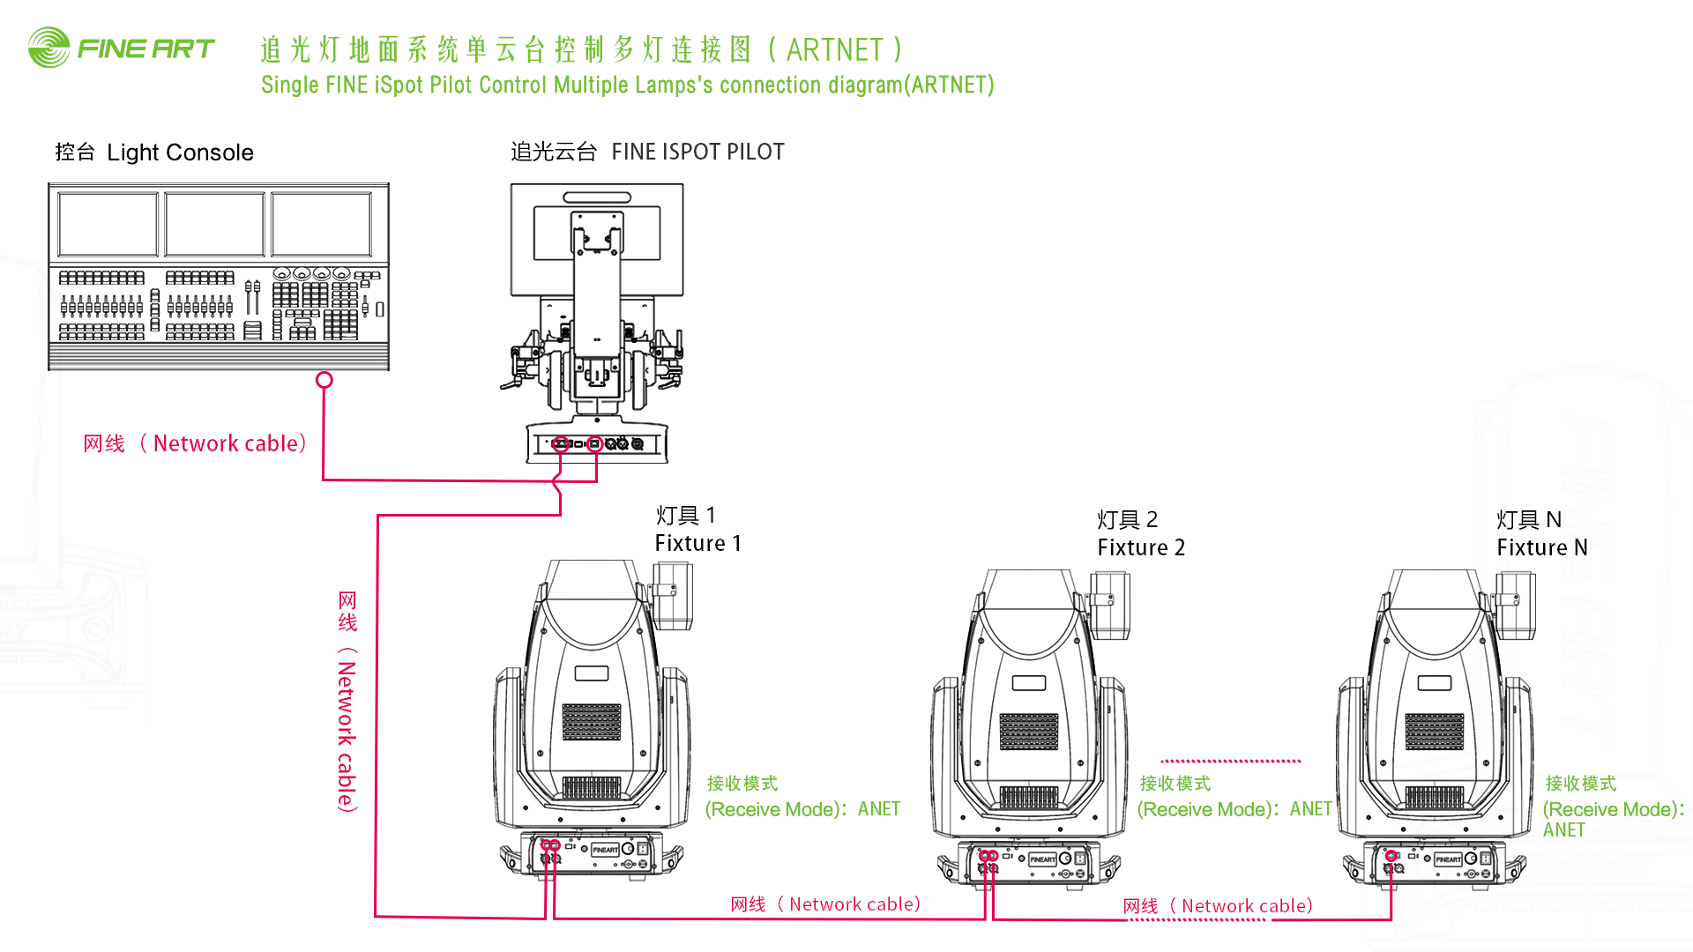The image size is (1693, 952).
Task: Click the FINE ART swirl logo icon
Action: pyautogui.click(x=49, y=48)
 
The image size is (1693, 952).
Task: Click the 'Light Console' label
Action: pyautogui.click(x=180, y=152)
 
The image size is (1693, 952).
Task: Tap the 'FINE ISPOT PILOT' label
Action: pyautogui.click(x=697, y=152)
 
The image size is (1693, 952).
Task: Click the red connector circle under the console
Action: pyautogui.click(x=324, y=380)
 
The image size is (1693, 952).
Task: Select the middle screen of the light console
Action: pyautogui.click(x=215, y=225)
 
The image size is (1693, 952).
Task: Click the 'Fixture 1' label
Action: pyautogui.click(x=697, y=544)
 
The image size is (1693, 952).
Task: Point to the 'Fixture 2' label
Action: pyautogui.click(x=1141, y=548)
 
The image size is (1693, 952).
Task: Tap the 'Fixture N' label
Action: pyautogui.click(x=1541, y=548)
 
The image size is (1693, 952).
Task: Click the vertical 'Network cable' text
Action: pyautogui.click(x=347, y=736)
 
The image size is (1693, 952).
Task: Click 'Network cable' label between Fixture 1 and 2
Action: pyautogui.click(x=854, y=904)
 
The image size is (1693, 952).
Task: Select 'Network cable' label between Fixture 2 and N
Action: pyautogui.click(x=1247, y=906)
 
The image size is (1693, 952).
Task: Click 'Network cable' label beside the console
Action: pyautogui.click(x=230, y=443)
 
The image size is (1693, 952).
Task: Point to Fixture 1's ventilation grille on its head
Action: pyautogui.click(x=592, y=722)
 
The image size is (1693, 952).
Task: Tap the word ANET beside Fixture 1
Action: pyautogui.click(x=879, y=809)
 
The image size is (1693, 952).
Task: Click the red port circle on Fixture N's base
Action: pyautogui.click(x=1391, y=856)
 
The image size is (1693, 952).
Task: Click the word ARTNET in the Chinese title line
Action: pyautogui.click(x=834, y=50)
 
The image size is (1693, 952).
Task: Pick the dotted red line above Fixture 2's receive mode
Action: pyautogui.click(x=1231, y=761)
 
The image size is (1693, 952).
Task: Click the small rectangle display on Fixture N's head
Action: pyautogui.click(x=1435, y=683)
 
